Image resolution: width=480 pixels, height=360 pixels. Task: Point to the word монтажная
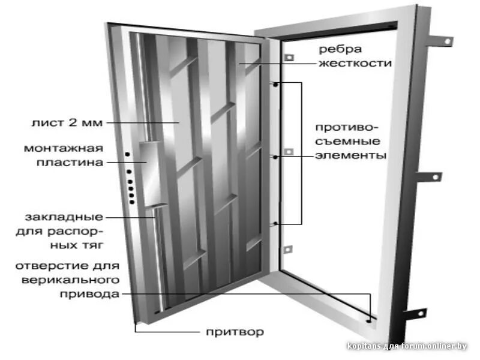(64, 148)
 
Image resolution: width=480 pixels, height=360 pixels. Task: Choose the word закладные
(64, 217)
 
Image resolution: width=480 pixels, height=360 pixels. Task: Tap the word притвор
(234, 332)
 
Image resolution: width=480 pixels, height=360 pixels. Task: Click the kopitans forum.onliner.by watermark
(407, 346)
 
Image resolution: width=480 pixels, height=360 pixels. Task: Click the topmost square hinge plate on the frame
(288, 58)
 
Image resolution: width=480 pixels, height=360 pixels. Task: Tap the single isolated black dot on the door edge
(128, 155)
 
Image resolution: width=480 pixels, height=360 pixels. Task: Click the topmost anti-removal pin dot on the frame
(275, 85)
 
